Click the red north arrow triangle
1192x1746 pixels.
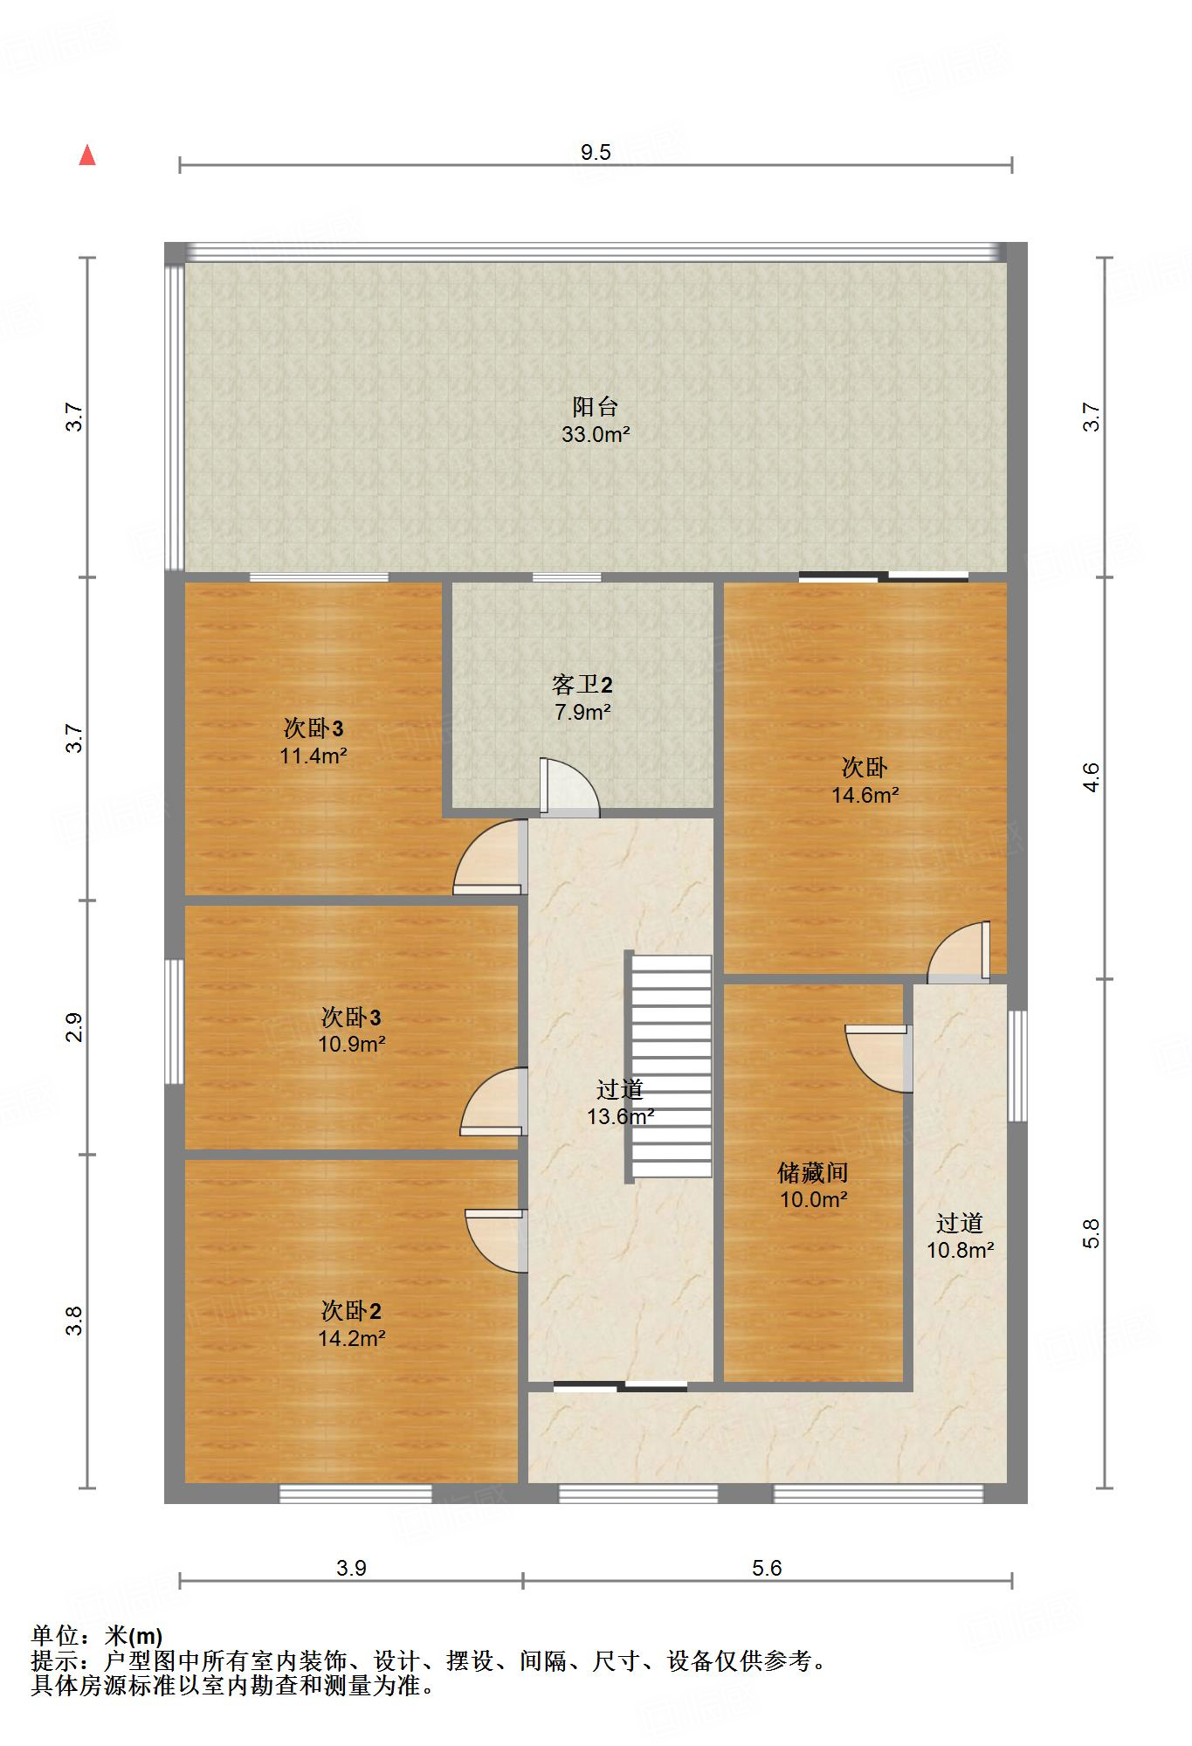[86, 155]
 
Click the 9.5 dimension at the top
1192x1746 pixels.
[596, 153]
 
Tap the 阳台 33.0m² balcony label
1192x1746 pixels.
[596, 420]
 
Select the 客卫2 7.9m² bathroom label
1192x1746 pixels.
[582, 698]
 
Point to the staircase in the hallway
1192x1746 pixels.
[671, 1066]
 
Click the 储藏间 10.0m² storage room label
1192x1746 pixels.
[813, 1185]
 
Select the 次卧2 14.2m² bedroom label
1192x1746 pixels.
[351, 1323]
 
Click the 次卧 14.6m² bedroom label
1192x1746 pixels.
[865, 781]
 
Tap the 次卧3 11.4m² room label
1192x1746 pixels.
[314, 742]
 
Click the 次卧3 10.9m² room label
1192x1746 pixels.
[351, 1030]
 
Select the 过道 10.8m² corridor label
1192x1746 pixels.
[960, 1236]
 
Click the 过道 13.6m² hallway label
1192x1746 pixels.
[620, 1102]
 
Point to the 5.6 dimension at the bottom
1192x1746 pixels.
[767, 1568]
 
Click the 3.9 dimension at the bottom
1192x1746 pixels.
[351, 1568]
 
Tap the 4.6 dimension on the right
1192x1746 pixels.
[1092, 777]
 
